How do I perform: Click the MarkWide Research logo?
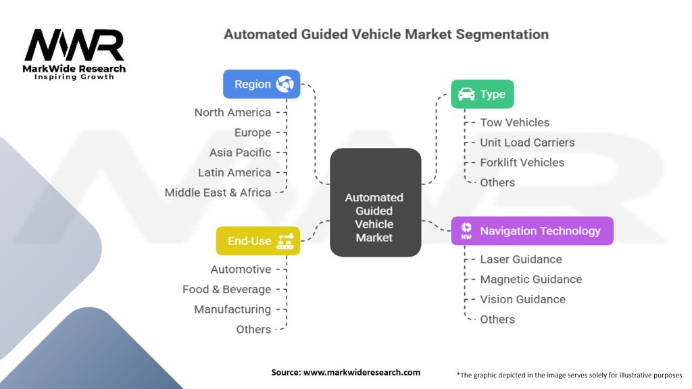[74, 53]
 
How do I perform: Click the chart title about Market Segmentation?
[386, 34]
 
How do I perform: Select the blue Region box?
[262, 84]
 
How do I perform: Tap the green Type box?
[483, 95]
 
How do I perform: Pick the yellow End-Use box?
[258, 241]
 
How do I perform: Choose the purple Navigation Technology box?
[533, 231]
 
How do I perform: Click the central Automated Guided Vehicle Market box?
[374, 202]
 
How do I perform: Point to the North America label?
[232, 113]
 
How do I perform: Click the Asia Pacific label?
[240, 153]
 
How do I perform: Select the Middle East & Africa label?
[218, 192]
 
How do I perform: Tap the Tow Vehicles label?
[514, 122]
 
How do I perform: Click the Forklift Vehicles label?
[522, 162]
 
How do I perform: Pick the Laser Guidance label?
[520, 259]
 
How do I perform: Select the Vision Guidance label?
[522, 299]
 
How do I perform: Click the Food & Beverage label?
[226, 289]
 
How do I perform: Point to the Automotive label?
[241, 269]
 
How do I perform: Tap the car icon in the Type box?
[466, 95]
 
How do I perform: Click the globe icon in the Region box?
[285, 84]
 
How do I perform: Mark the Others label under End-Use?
[253, 330]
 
